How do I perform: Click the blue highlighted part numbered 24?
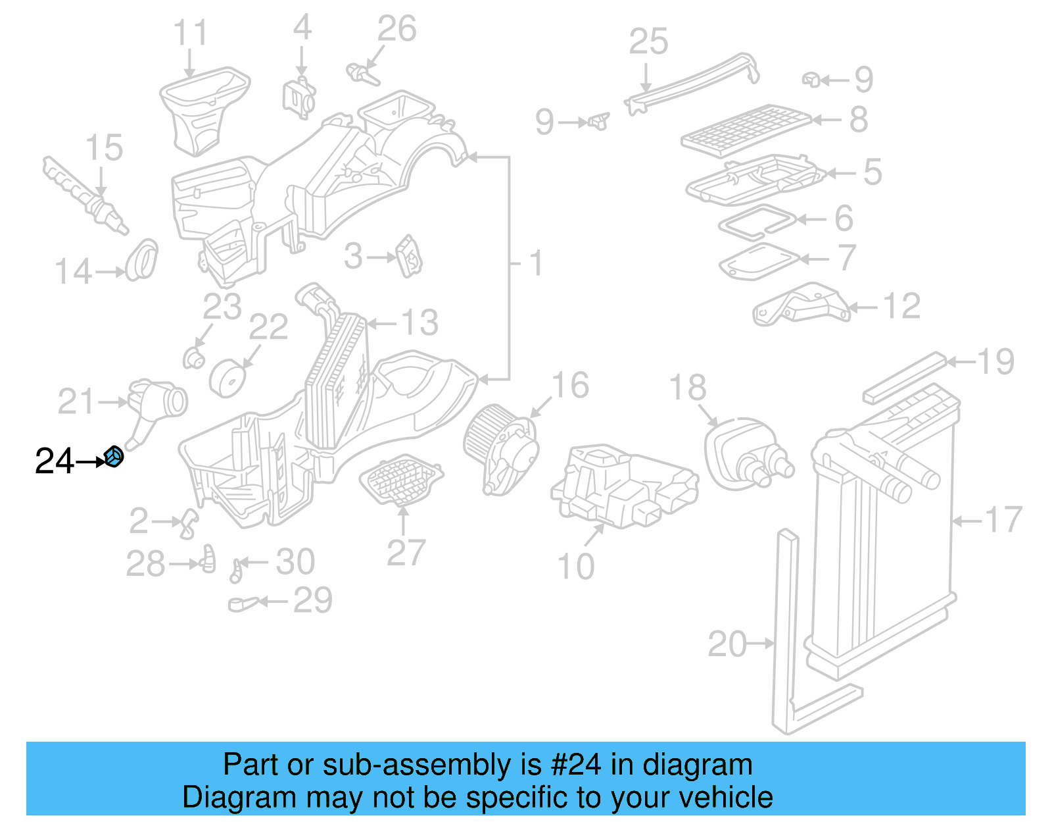pos(114,456)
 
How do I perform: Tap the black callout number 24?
pos(55,461)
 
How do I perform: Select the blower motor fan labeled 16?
pos(500,448)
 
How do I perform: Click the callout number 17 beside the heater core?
pos(1003,521)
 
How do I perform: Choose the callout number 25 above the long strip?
pos(648,42)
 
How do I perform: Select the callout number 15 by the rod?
pos(104,148)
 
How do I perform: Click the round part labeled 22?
pos(228,379)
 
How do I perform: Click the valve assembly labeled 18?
pos(746,451)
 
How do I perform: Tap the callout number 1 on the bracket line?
pos(537,263)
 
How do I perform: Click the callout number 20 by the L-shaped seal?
pos(727,644)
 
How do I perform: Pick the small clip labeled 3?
pos(408,257)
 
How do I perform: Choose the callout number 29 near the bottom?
pos(312,600)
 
